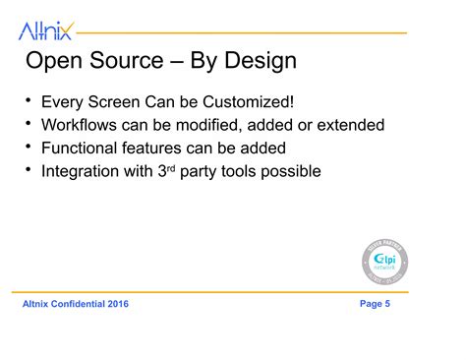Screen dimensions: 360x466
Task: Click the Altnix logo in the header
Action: pos(45,31)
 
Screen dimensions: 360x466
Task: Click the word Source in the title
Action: pos(130,62)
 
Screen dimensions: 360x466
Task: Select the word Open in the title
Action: pos(56,62)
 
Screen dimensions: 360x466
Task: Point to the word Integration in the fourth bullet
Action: pos(82,171)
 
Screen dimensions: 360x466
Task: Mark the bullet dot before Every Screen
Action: pos(29,101)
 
